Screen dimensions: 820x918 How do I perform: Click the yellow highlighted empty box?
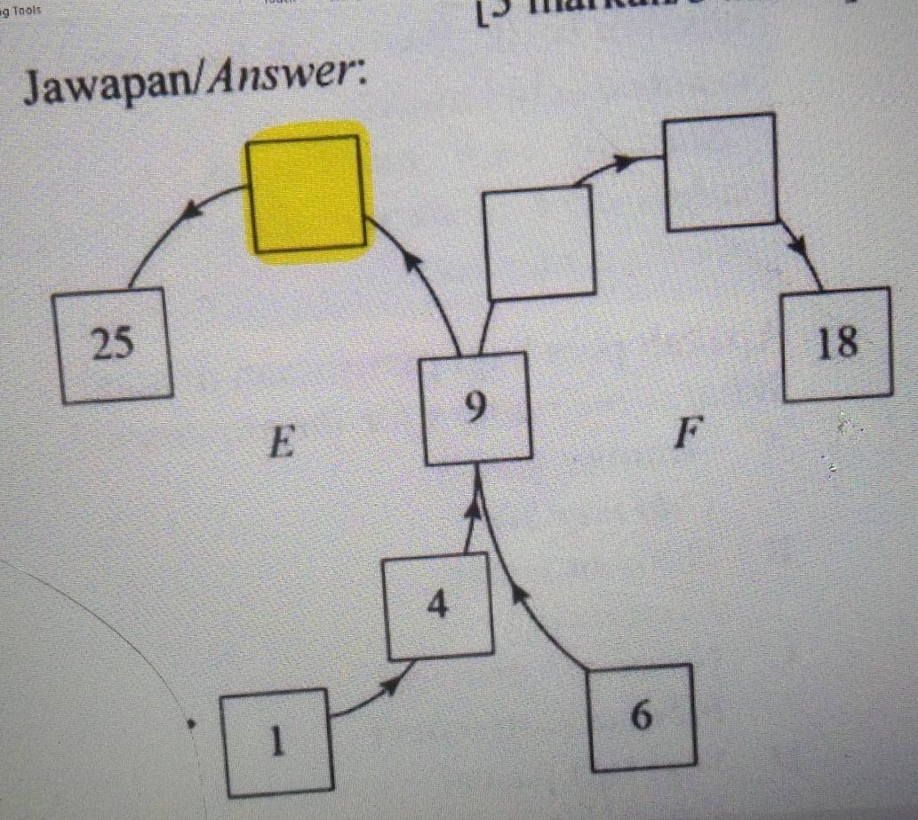click(x=307, y=193)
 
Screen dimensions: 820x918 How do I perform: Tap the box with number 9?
click(x=477, y=409)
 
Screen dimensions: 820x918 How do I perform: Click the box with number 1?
click(x=277, y=742)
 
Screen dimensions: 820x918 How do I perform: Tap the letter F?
click(x=683, y=435)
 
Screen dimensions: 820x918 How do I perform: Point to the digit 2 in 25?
click(x=102, y=345)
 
